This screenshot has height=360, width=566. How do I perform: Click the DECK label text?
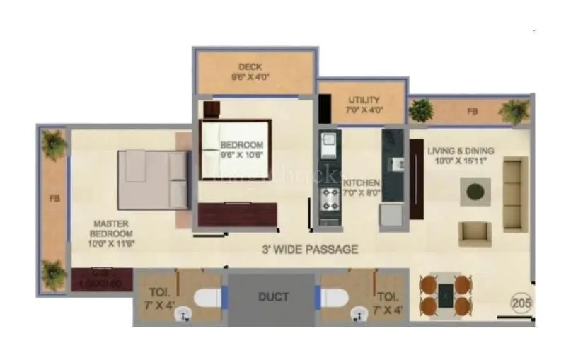[250, 67]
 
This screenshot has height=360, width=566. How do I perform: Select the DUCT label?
[272, 296]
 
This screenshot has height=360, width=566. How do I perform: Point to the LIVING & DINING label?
[461, 151]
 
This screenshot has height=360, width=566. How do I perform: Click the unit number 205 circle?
[521, 303]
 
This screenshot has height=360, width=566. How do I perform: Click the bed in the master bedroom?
[154, 179]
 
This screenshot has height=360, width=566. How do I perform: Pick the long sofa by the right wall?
[514, 194]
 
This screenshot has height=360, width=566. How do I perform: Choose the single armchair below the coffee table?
[474, 233]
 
